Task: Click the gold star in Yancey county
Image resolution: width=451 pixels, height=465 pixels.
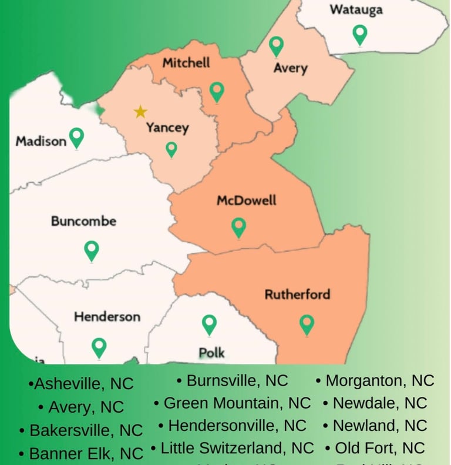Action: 140,112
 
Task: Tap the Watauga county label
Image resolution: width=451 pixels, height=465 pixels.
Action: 356,10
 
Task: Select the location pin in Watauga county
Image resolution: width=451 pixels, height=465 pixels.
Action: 359,35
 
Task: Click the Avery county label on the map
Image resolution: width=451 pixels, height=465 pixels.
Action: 290,68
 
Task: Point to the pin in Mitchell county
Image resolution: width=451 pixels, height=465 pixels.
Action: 217,91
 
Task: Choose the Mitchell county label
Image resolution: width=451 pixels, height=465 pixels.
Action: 186,62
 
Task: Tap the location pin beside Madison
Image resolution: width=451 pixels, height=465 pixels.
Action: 76,138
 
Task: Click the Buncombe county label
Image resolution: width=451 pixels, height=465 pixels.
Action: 83,222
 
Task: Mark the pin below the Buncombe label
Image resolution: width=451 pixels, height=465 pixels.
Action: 91,250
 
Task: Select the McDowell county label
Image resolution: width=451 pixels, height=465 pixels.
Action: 247,200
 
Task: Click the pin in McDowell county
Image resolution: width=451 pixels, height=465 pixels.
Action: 238,227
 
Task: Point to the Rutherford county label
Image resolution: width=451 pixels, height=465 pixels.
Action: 297,294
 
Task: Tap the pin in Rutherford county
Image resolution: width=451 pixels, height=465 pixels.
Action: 307,324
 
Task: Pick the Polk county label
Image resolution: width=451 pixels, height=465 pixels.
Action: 211,353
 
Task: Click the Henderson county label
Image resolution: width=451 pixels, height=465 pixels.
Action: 107,317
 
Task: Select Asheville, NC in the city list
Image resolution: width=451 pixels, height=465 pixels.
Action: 82,384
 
